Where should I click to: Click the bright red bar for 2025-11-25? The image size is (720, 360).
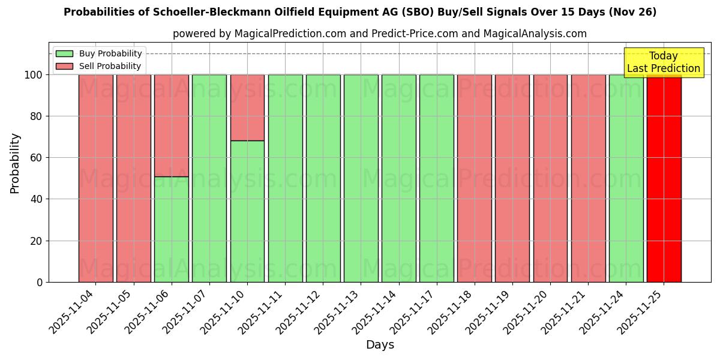pyautogui.click(x=664, y=180)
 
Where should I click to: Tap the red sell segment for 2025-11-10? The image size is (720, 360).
pyautogui.click(x=247, y=107)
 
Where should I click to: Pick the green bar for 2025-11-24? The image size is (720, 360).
pyautogui.click(x=626, y=180)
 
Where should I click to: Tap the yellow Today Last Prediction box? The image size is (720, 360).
pyautogui.click(x=663, y=62)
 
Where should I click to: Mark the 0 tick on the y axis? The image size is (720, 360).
pyautogui.click(x=40, y=282)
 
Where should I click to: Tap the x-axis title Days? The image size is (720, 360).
pyautogui.click(x=380, y=345)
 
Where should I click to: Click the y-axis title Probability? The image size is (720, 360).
pyautogui.click(x=15, y=163)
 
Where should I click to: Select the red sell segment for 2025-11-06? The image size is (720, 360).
pyautogui.click(x=171, y=125)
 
